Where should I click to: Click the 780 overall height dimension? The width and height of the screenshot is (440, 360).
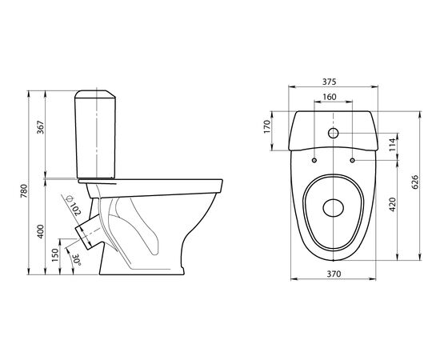[24, 191]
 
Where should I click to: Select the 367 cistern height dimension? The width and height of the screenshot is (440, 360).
[41, 127]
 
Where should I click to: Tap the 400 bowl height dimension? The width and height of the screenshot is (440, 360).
[41, 231]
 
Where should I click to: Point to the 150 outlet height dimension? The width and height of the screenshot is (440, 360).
[55, 255]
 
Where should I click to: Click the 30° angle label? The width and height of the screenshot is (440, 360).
[76, 260]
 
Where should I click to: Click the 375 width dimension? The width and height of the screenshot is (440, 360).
[329, 82]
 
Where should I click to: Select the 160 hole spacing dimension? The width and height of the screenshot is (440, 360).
[329, 97]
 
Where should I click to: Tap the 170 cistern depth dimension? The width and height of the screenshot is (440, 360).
[267, 127]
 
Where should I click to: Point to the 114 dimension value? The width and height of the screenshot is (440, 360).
[393, 145]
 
